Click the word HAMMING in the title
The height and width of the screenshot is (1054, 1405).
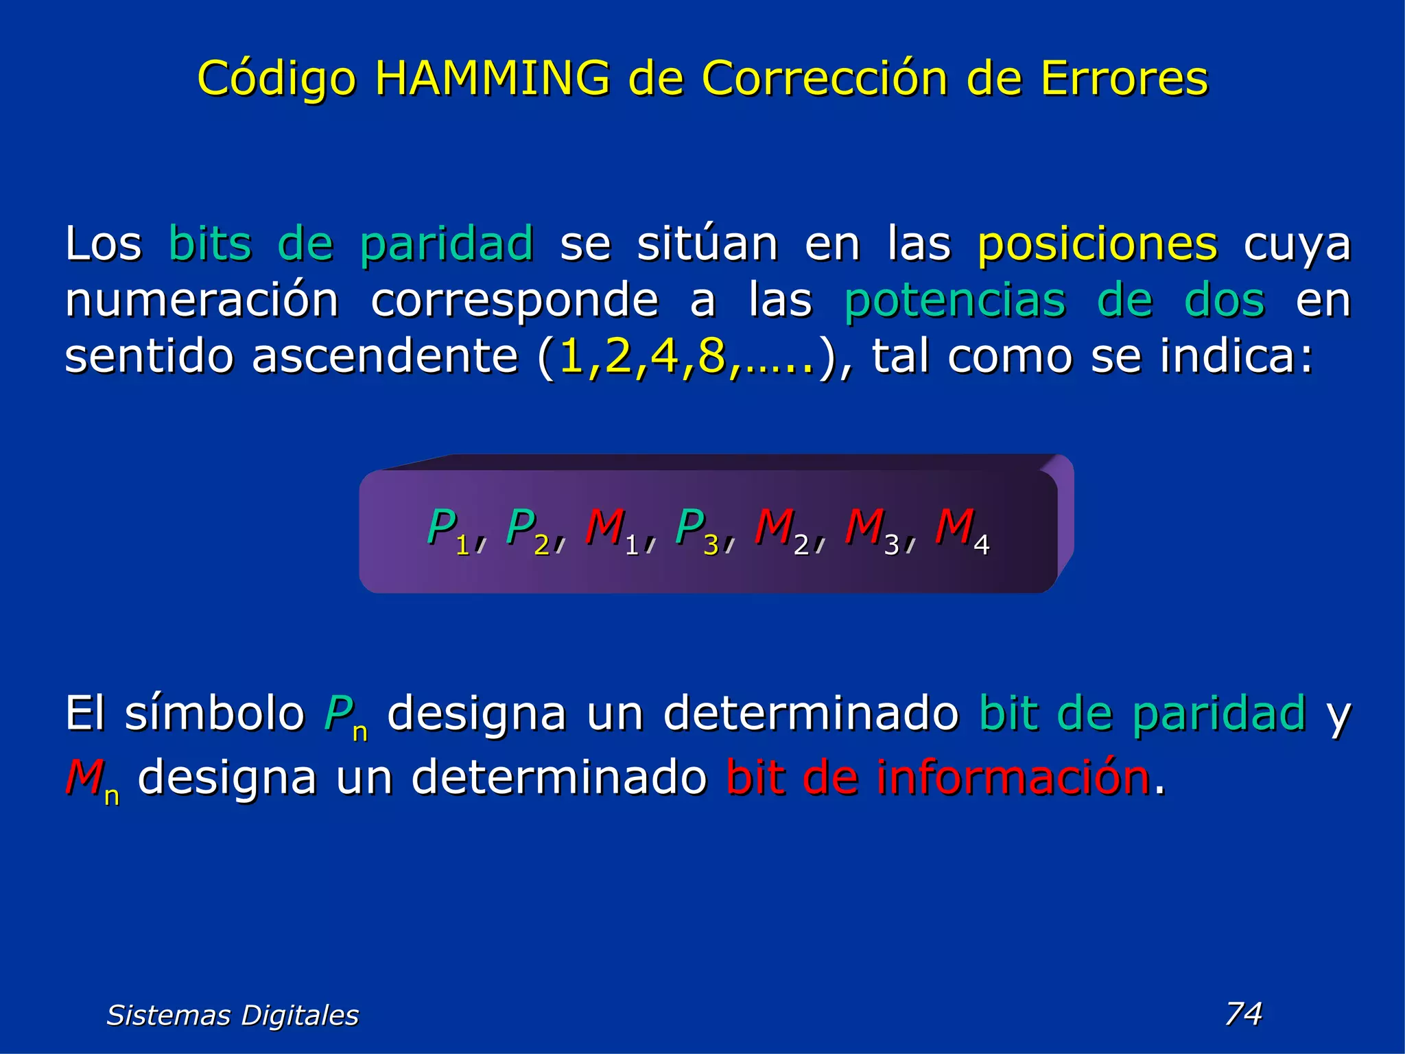click(x=492, y=78)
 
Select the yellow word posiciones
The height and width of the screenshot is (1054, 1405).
click(x=1097, y=244)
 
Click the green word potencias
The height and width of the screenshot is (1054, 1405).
click(x=954, y=301)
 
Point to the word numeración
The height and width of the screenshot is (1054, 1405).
click(x=202, y=300)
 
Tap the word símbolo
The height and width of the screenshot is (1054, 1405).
click(x=214, y=713)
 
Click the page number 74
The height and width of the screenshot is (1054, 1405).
click(x=1243, y=1014)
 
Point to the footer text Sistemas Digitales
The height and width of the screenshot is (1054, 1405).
click(x=233, y=1015)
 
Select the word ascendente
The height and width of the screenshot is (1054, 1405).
click(x=384, y=356)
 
